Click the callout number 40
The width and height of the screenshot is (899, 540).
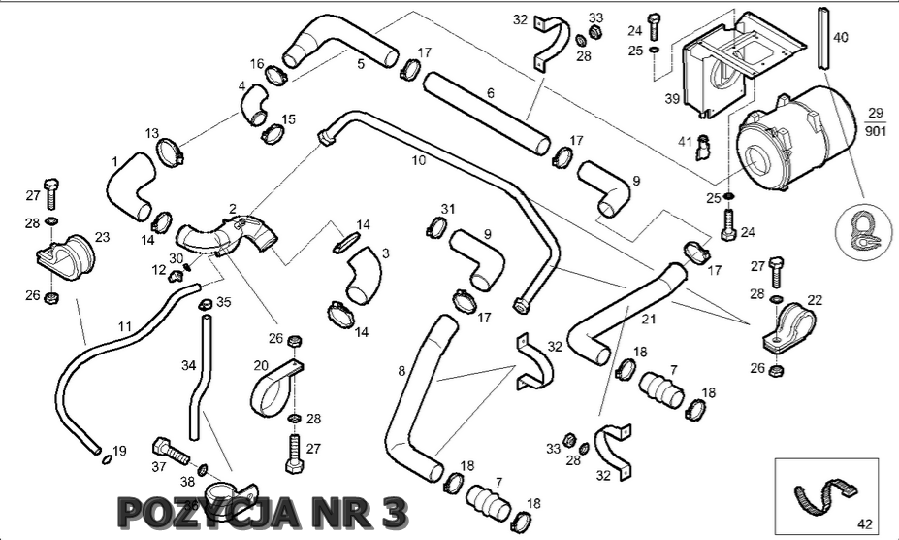point(841,38)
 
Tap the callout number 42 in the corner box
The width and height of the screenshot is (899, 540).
point(866,526)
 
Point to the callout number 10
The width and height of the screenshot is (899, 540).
point(418,161)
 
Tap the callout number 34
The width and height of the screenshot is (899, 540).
point(188,365)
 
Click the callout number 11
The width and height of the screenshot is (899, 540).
point(123,326)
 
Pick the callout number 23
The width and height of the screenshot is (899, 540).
point(102,236)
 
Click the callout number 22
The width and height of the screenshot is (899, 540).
point(815,300)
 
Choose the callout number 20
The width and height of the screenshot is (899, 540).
point(261,365)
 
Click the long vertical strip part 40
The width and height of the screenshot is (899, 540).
point(822,37)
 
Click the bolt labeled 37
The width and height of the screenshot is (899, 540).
point(172,452)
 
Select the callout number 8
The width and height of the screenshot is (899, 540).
point(401,370)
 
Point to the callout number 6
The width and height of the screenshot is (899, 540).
point(491,93)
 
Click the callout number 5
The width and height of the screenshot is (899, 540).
point(360,64)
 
